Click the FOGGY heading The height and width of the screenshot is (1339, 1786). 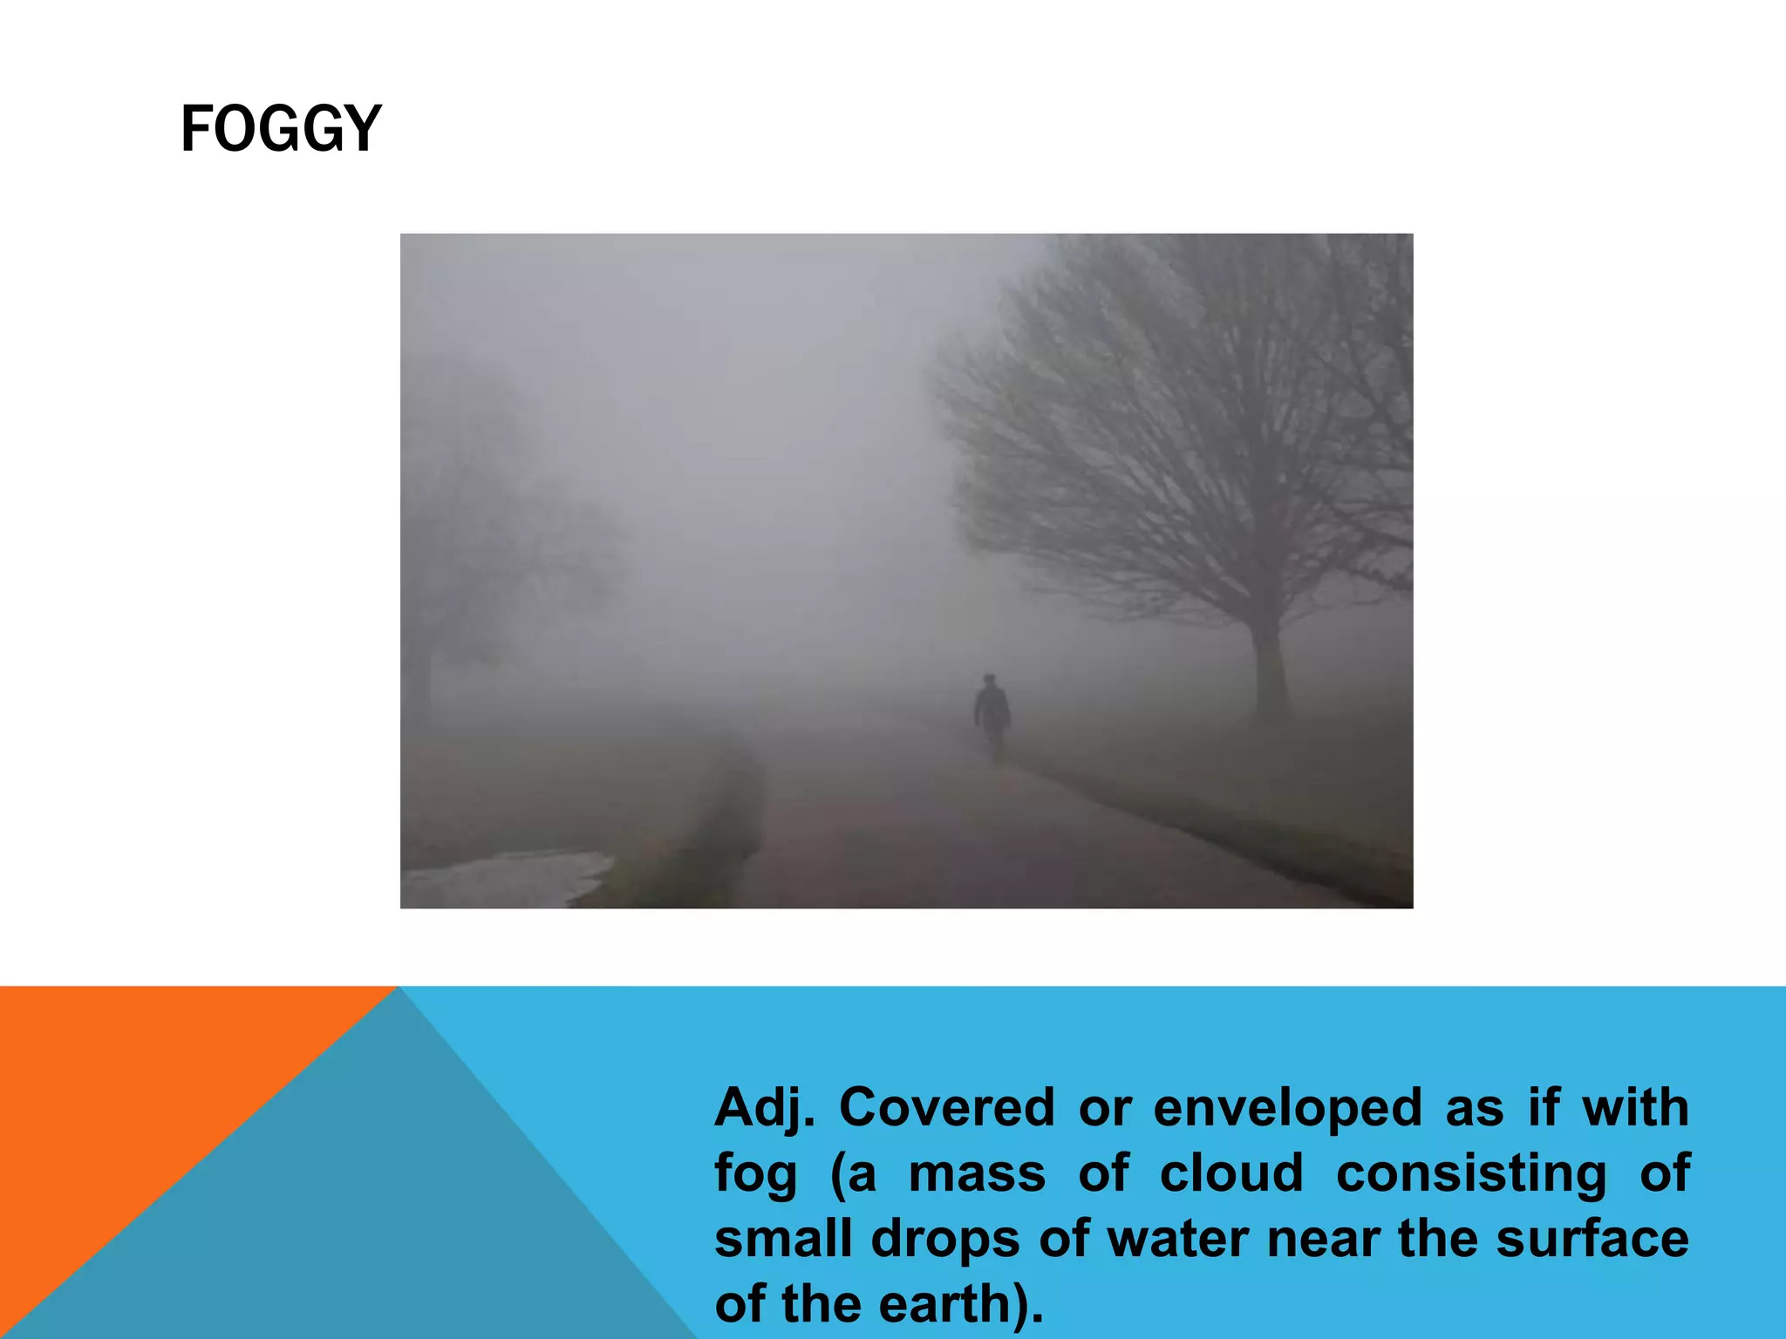281,129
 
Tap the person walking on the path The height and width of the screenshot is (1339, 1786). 992,715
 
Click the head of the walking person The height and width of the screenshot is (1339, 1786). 989,680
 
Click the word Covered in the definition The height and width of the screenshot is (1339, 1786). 946,1108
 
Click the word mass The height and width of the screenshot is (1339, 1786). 977,1174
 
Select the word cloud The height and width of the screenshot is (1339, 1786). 1231,1173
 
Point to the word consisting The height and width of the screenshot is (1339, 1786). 1471,1174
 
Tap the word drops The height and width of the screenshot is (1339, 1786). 945,1239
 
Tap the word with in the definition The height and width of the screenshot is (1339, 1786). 1635,1108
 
